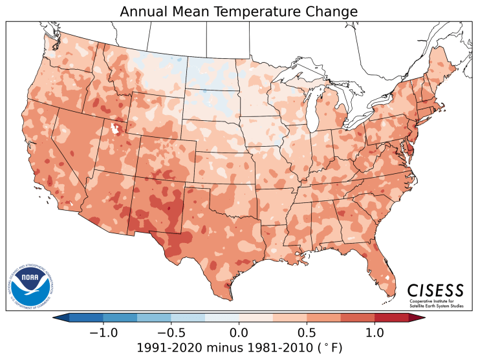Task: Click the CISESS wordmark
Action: (x=435, y=289)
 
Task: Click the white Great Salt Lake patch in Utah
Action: (x=116, y=129)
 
